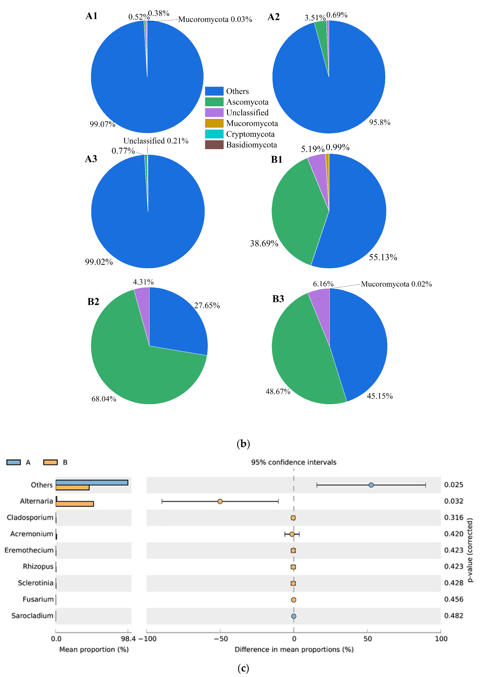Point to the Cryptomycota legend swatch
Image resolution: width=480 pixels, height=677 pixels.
(x=214, y=134)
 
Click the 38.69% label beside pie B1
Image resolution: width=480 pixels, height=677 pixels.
(x=264, y=243)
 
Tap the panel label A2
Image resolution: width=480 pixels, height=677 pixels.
(x=273, y=17)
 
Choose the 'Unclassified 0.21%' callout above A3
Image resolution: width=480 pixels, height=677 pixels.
(x=156, y=141)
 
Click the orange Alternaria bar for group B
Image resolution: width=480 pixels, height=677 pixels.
(x=75, y=504)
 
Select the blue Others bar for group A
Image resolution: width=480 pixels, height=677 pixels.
(x=92, y=483)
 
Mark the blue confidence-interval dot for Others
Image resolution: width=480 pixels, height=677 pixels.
(x=371, y=485)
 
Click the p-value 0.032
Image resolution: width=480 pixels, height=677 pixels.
(x=453, y=501)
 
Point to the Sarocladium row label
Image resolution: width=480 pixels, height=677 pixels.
(x=32, y=616)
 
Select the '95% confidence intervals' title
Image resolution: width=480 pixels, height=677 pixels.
(x=293, y=462)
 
